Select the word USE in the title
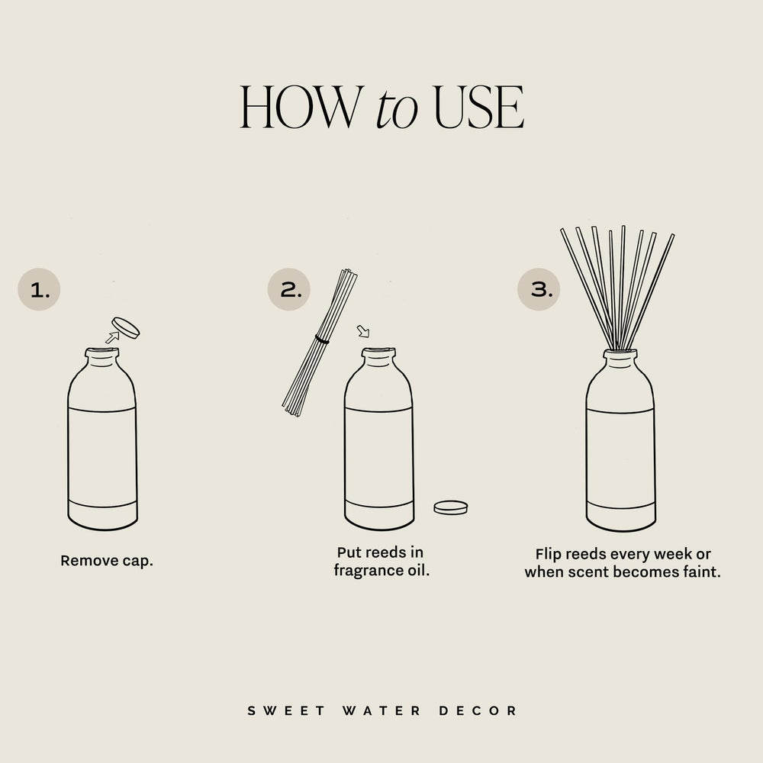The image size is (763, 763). click(x=478, y=108)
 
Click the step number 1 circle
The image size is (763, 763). click(x=39, y=290)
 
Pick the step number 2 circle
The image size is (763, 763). click(x=289, y=290)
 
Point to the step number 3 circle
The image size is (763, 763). click(x=539, y=290)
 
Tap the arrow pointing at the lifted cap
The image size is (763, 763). click(x=112, y=337)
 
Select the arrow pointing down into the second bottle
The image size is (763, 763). click(x=363, y=331)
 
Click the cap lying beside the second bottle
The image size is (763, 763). click(x=450, y=507)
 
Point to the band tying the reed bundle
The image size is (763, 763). click(x=322, y=340)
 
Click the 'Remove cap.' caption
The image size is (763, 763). click(x=107, y=561)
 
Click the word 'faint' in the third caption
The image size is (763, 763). click(x=701, y=571)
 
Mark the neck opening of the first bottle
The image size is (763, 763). click(x=102, y=353)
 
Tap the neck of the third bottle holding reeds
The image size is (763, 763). click(x=620, y=357)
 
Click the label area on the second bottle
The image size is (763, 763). click(x=379, y=456)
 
